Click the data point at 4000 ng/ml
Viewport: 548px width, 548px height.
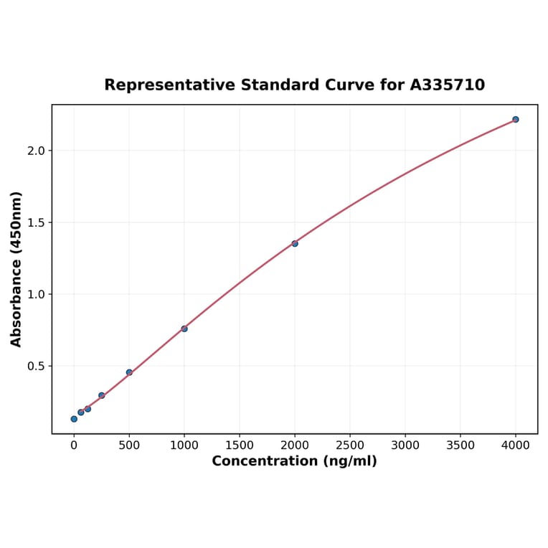tap(515, 119)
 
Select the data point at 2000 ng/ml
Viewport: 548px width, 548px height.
tap(295, 243)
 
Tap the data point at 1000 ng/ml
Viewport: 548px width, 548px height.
tap(184, 329)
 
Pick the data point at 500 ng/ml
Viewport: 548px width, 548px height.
tap(129, 372)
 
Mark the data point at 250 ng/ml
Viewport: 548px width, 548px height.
tap(102, 395)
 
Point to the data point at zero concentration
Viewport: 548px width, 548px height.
tap(74, 419)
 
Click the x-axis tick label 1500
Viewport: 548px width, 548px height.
tap(240, 445)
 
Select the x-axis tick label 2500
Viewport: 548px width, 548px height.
tap(350, 445)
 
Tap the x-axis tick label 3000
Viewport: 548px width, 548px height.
tap(405, 445)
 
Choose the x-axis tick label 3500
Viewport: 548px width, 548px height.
tap(460, 445)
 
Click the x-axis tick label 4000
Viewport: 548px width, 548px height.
tap(515, 445)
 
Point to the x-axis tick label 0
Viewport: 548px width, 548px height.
tap(74, 445)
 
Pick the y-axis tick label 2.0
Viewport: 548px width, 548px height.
tap(35, 151)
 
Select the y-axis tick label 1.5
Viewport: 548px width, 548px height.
tap(35, 222)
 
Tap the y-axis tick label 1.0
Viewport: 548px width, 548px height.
tap(35, 294)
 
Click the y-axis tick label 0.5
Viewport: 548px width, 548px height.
tap(35, 366)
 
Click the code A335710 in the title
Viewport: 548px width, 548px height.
tap(448, 85)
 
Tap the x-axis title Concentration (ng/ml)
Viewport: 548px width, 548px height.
tap(294, 461)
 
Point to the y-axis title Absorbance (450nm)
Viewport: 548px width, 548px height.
tap(16, 269)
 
